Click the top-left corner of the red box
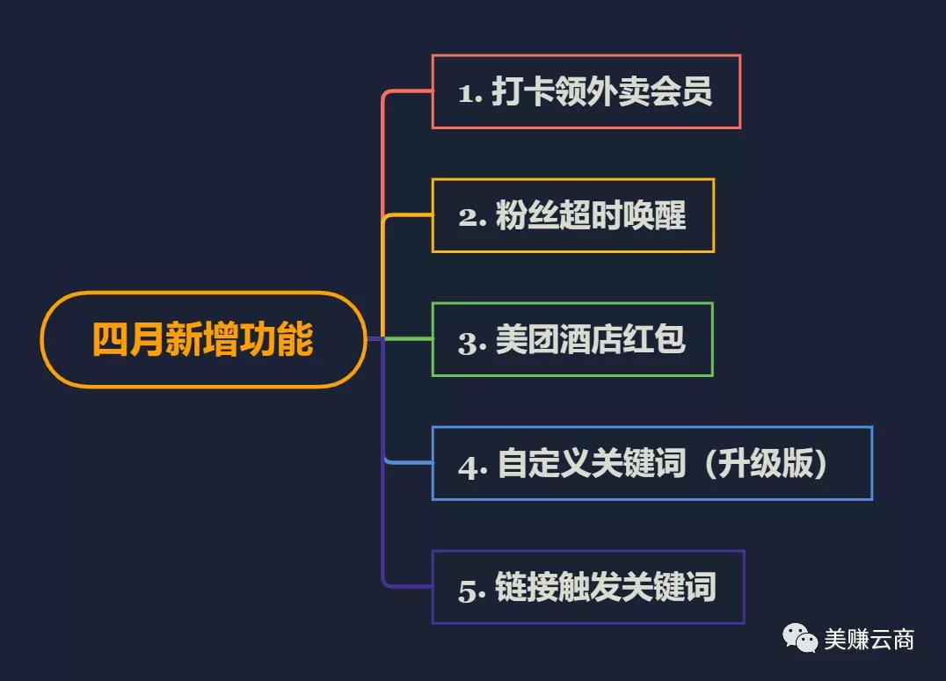(x=432, y=54)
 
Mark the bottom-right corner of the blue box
(x=872, y=500)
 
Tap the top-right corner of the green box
(x=713, y=303)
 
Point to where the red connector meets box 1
(x=432, y=91)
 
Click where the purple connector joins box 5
(x=432, y=586)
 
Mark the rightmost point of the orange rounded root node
(x=367, y=339)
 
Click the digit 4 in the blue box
(x=469, y=467)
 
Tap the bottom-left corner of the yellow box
(x=432, y=252)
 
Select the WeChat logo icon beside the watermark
(x=799, y=638)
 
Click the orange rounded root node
(x=203, y=339)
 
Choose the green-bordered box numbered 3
(x=572, y=339)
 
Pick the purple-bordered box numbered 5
(x=588, y=587)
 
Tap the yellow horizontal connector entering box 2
(x=409, y=214)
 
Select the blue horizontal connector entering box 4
(x=409, y=463)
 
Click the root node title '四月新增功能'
(x=203, y=339)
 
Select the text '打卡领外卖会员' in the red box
(x=601, y=91)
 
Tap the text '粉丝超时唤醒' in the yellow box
(x=591, y=215)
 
